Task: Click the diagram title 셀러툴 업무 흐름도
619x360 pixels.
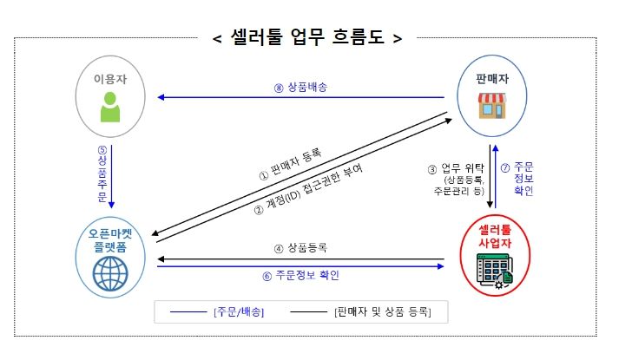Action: click(307, 38)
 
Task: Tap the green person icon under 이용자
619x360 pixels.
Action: click(110, 107)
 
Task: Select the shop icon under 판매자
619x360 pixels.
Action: click(492, 106)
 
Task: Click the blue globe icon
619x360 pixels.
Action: click(110, 273)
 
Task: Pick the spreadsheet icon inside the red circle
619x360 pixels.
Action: click(495, 272)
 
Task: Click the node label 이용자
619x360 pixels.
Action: click(110, 79)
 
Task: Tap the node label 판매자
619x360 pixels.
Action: click(492, 79)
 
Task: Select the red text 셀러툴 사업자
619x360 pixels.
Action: click(495, 236)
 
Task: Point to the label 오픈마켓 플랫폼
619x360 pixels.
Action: click(110, 240)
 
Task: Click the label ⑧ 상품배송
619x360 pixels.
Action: click(300, 87)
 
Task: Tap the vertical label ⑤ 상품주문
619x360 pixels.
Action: click(102, 173)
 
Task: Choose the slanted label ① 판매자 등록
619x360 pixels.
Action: click(290, 164)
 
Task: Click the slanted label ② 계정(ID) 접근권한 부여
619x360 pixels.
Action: click(308, 190)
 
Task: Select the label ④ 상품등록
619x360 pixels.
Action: click(300, 248)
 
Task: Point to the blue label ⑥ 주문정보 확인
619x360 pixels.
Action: click(300, 275)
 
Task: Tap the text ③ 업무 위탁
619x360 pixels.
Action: click(456, 169)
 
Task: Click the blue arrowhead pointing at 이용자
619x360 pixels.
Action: click(161, 97)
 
